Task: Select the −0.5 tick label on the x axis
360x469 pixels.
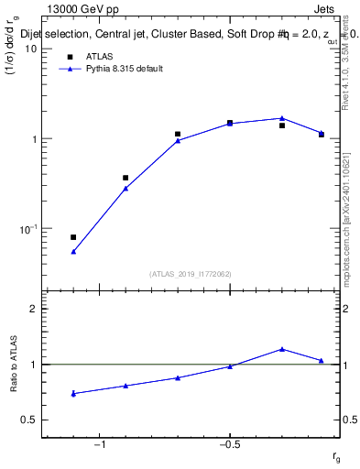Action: pyautogui.click(x=230, y=446)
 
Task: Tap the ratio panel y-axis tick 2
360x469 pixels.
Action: pyautogui.click(x=34, y=309)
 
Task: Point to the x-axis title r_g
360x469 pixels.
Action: pyautogui.click(x=336, y=457)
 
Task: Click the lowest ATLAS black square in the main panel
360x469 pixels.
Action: pyautogui.click(x=73, y=237)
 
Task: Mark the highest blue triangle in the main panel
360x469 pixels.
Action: pyautogui.click(x=282, y=118)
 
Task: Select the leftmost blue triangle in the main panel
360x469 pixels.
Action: pyautogui.click(x=73, y=251)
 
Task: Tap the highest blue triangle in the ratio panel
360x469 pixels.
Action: pyautogui.click(x=282, y=349)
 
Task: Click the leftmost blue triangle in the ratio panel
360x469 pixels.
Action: pyautogui.click(x=73, y=393)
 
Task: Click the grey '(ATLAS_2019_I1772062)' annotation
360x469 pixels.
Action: pyautogui.click(x=191, y=273)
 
